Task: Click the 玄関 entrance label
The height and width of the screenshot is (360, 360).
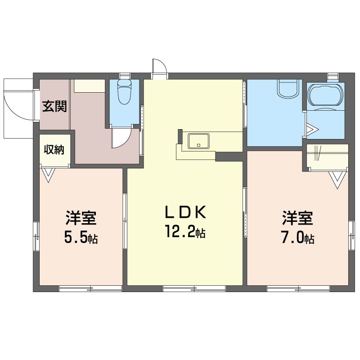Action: point(54,106)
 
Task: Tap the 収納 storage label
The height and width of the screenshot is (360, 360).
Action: point(54,150)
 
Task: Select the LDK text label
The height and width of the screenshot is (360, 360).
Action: point(185,212)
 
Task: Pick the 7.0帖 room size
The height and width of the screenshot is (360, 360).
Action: point(297,238)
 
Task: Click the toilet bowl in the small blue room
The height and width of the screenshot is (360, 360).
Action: point(124,92)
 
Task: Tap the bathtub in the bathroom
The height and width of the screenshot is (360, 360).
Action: point(325,95)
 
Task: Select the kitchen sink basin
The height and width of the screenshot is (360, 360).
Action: point(198,141)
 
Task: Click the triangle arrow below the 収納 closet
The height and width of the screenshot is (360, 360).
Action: point(49,175)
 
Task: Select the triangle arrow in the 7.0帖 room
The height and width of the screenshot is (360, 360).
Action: point(337,180)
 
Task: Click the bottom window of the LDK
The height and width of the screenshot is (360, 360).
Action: point(194,288)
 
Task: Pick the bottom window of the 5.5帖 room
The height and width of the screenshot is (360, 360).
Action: point(90,288)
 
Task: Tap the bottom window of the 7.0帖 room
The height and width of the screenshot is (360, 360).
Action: point(298,288)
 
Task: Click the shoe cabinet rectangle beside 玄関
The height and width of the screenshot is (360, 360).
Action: point(90,86)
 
